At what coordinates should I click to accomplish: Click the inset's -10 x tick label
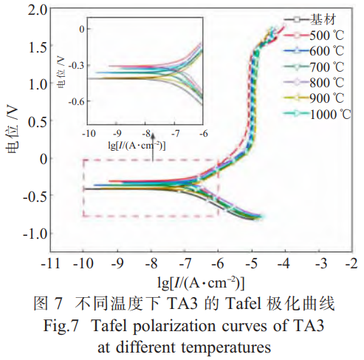(89, 136)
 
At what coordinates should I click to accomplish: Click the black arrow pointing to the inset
(151, 151)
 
